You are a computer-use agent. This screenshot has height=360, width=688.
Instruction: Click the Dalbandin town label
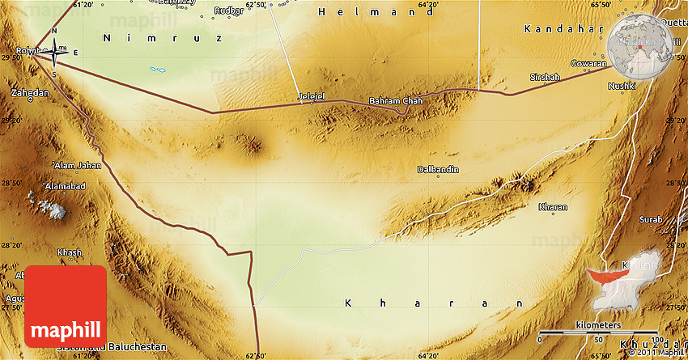(438, 169)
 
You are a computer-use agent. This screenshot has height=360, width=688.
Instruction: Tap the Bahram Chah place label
(396, 101)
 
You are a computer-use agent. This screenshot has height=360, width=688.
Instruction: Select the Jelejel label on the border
(312, 97)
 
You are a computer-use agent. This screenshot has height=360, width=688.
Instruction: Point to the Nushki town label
(623, 85)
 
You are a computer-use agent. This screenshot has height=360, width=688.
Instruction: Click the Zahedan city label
(30, 93)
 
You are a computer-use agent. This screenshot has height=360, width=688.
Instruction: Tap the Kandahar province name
(558, 29)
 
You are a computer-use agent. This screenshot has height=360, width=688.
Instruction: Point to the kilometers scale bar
(599, 332)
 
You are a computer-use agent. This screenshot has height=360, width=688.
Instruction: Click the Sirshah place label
(544, 77)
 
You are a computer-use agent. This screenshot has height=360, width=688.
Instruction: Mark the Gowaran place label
(588, 63)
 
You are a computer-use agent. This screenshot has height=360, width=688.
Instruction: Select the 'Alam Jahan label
(78, 165)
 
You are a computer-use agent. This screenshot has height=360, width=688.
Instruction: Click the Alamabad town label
(65, 186)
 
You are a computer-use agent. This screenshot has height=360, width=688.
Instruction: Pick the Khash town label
(70, 252)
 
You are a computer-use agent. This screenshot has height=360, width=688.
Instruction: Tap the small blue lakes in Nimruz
(159, 70)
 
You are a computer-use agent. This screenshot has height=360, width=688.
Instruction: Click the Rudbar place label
(229, 11)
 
